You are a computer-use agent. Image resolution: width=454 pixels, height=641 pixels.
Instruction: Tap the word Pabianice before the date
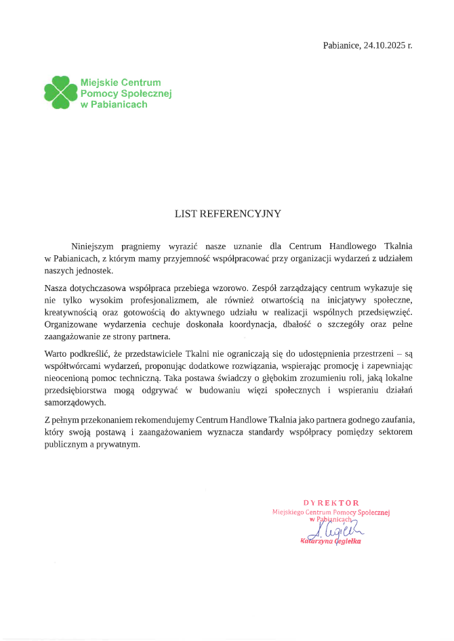point(341,45)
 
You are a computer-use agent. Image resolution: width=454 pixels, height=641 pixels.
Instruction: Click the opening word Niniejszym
point(94,245)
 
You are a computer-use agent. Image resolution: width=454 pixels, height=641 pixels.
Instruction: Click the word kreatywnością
point(73,312)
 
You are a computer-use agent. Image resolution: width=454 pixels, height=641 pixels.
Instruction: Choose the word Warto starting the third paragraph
point(56,354)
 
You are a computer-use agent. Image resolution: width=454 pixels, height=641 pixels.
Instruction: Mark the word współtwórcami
point(74,366)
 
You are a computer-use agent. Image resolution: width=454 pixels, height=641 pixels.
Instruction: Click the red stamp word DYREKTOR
point(331,502)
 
